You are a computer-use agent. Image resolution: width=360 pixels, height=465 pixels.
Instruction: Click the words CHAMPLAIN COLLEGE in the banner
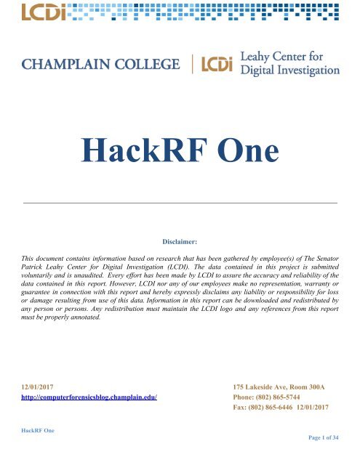(101, 65)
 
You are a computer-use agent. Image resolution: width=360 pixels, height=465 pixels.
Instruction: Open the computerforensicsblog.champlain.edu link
(91, 398)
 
